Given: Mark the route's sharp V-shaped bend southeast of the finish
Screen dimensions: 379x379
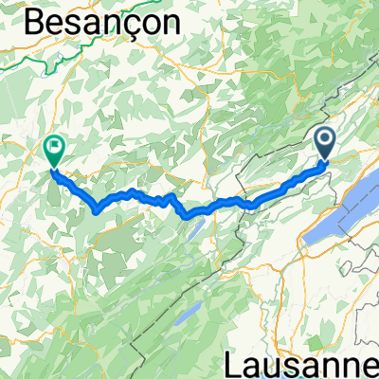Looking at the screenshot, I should pyautogui.click(x=98, y=209).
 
